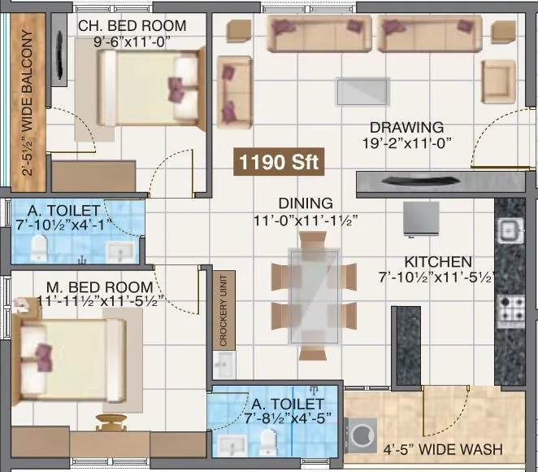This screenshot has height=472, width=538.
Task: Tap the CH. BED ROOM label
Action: click(x=132, y=26)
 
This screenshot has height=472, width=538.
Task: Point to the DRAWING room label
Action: click(x=406, y=128)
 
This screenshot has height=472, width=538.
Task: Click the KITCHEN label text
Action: click(x=438, y=262)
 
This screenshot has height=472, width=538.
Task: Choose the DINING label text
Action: click(x=305, y=203)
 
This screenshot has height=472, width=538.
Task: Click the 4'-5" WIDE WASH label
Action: click(x=442, y=449)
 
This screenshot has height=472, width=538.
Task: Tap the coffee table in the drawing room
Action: click(x=361, y=90)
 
